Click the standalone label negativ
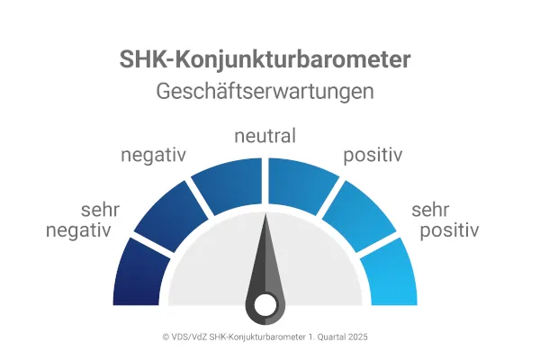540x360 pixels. tap(153, 155)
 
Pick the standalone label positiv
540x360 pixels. tap(372, 155)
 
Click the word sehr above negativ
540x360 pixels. tap(101, 211)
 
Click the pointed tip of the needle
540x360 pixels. tap(266, 213)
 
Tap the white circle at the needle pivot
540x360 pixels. tap(265, 306)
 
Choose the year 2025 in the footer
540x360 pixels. tap(357, 337)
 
